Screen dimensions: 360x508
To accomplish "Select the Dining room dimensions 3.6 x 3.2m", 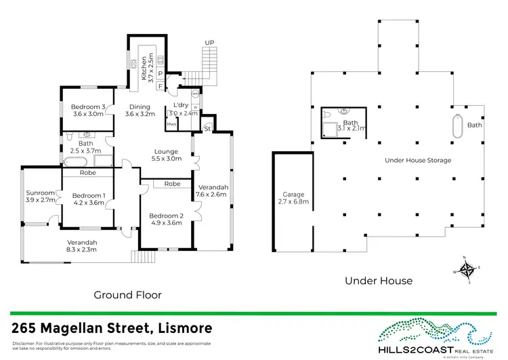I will (140, 114).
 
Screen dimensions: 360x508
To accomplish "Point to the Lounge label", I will (166, 151).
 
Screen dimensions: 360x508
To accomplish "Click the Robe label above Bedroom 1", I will (88, 173).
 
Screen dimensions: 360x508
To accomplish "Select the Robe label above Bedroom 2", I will (171, 184).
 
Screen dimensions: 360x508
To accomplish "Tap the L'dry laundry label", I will (180, 106).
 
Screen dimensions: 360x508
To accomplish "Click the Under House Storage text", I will (417, 160).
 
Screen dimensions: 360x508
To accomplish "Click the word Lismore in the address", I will (181, 329).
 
